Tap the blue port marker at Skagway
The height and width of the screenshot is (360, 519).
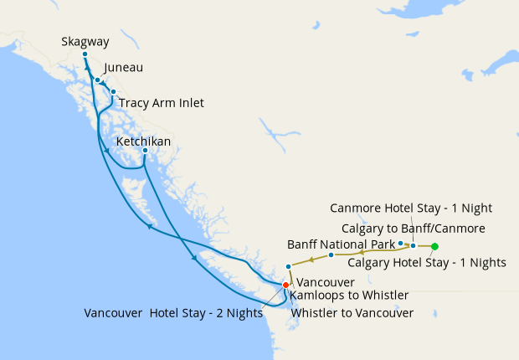tap(85, 54)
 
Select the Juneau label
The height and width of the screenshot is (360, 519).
tap(124, 68)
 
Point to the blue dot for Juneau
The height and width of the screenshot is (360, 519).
tap(98, 80)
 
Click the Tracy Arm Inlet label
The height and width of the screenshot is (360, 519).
tap(161, 103)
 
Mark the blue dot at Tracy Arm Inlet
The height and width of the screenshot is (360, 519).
tap(113, 92)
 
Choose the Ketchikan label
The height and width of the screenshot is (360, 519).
tap(143, 141)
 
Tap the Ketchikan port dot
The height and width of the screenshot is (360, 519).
tap(146, 151)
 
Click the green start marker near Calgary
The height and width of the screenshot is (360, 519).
tap(434, 246)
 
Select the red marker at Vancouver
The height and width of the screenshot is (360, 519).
tap(285, 285)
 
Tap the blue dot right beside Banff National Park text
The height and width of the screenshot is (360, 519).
tap(401, 244)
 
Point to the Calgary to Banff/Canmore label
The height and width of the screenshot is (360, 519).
tap(414, 228)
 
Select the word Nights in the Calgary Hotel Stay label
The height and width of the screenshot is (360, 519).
tap(486, 262)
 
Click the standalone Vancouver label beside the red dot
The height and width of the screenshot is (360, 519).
tap(326, 283)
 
